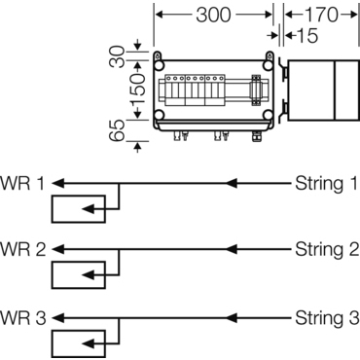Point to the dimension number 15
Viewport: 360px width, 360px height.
304,36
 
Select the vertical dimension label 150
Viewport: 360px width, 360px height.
118,93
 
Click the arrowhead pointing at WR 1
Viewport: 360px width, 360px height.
57,182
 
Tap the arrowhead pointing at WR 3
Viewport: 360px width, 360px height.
57,317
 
